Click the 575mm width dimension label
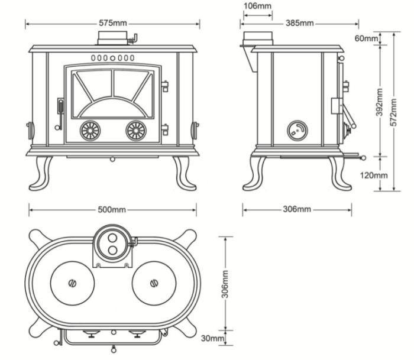(x=112, y=23)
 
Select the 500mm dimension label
(x=112, y=209)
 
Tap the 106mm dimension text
(x=257, y=7)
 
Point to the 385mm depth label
(x=300, y=23)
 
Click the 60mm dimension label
(x=366, y=39)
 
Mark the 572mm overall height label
(x=397, y=112)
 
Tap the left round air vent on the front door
(x=90, y=131)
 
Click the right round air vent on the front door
(x=135, y=131)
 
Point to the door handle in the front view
(x=59, y=112)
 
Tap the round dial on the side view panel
(x=296, y=131)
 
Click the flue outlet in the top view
(x=112, y=244)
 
